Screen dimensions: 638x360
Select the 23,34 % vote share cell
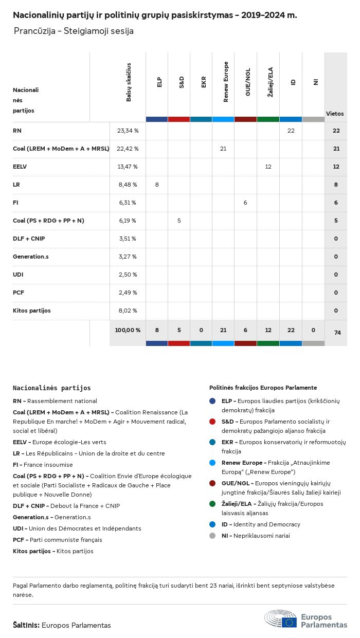point(128,131)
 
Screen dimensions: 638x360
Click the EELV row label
point(20,167)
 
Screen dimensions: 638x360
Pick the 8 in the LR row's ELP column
point(157,185)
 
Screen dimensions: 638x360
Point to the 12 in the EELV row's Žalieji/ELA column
point(268,167)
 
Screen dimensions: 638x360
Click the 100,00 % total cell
point(128,330)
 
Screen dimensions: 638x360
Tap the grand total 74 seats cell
point(337,333)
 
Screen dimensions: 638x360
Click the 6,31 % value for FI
point(128,203)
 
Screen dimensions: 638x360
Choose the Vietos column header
point(335,113)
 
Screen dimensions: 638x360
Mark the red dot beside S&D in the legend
point(212,422)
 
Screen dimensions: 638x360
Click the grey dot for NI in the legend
point(212,536)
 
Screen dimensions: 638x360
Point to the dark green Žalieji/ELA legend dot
point(212,504)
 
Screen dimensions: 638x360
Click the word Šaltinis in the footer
point(26,625)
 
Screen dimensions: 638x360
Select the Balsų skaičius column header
point(129,82)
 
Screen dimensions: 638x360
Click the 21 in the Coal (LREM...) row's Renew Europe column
point(223,149)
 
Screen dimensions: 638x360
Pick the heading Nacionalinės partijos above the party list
point(51,388)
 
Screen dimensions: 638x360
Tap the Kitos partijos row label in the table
point(32,311)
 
